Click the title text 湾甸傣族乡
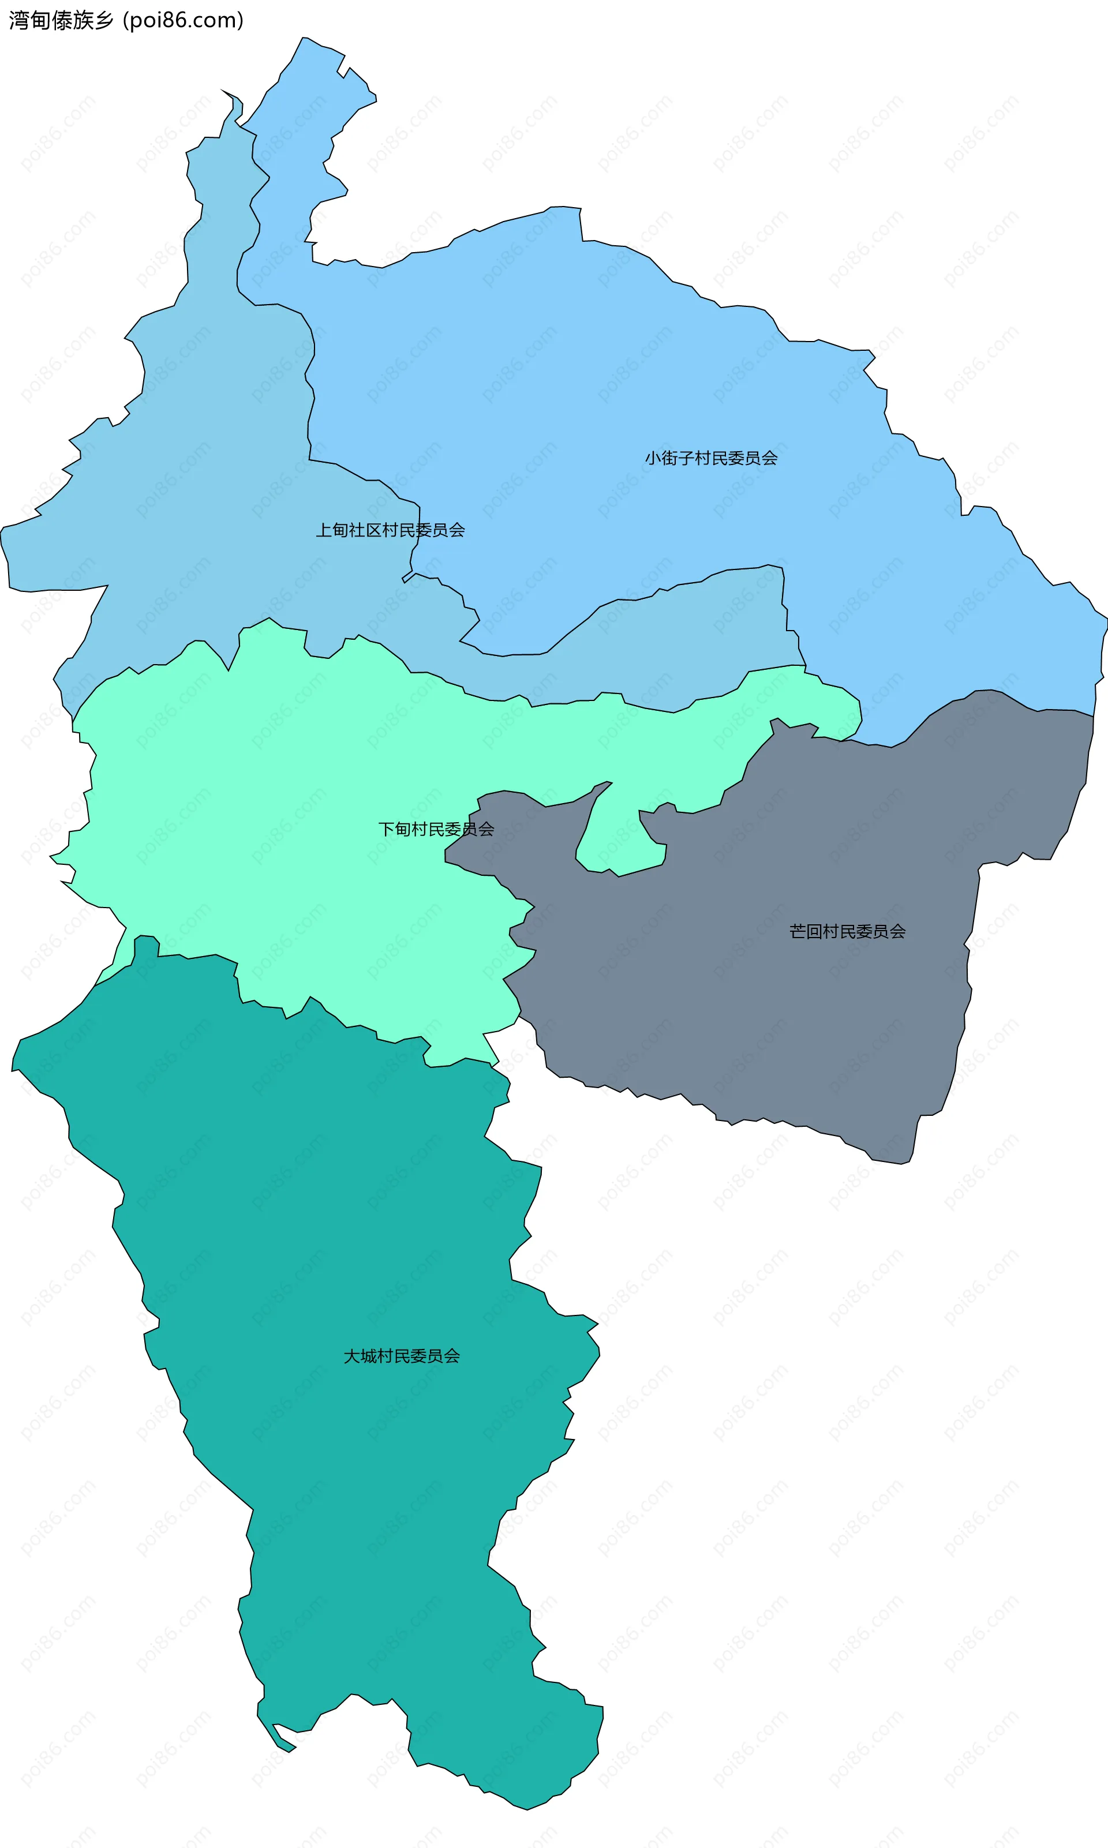[61, 20]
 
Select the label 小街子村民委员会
[711, 458]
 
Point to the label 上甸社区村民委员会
[390, 530]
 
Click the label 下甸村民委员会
[436, 829]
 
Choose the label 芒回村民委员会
[847, 931]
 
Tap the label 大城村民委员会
[402, 1356]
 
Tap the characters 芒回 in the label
[806, 931]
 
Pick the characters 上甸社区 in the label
[348, 530]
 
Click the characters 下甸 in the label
[394, 829]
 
